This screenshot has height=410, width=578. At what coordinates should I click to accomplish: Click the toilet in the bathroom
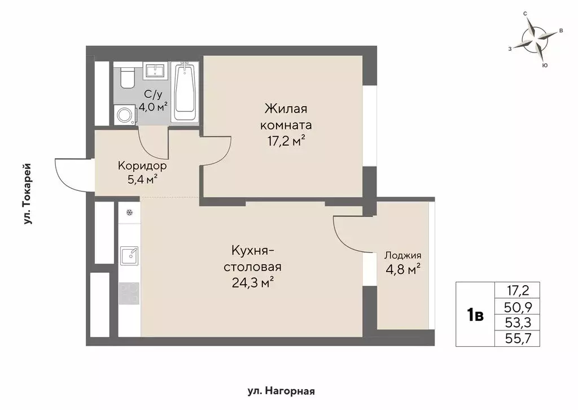127,77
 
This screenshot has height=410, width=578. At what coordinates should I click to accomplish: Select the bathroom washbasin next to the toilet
154,71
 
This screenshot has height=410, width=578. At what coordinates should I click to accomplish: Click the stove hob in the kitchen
129,293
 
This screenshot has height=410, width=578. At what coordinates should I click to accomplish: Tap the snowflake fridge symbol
129,213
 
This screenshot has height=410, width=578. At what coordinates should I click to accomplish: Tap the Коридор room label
142,166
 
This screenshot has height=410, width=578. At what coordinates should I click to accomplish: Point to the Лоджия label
402,255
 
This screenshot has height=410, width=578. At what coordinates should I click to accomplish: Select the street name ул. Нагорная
281,391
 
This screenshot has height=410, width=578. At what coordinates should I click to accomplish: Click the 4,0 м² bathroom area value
153,106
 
